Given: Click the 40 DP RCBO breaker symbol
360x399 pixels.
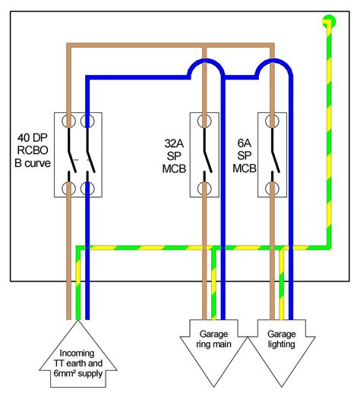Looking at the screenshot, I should (78, 155).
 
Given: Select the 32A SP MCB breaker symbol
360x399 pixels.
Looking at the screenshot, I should (204, 155).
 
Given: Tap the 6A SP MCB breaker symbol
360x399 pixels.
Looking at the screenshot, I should (273, 155).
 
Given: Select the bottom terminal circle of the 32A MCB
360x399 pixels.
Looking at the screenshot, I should (204, 187).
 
